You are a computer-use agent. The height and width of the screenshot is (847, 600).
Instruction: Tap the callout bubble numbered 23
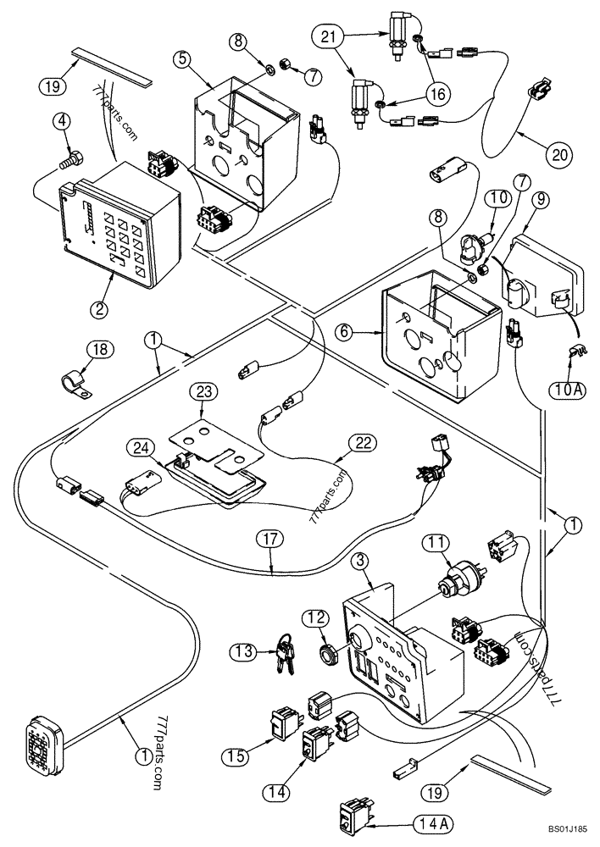[204, 392]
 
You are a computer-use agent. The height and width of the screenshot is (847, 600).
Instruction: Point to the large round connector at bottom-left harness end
[41, 733]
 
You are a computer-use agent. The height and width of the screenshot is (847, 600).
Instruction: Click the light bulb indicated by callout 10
[469, 246]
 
